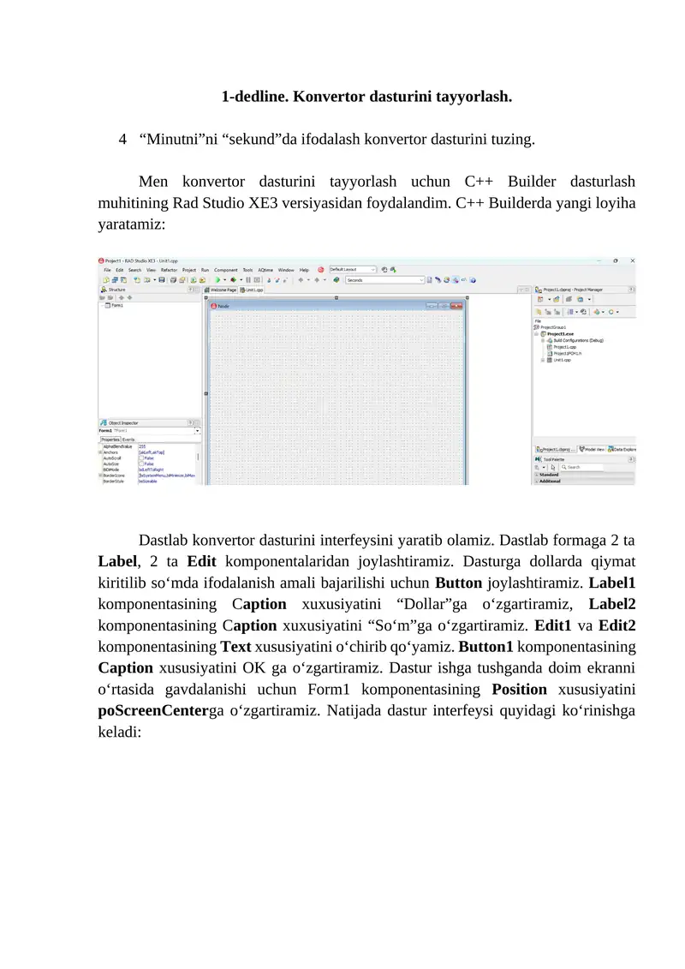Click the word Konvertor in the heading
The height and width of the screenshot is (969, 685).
point(329,97)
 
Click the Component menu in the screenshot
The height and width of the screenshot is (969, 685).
point(226,270)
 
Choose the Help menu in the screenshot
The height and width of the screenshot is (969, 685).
point(304,270)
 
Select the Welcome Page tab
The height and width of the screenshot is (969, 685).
point(224,290)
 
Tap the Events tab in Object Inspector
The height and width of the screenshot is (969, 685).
point(128,439)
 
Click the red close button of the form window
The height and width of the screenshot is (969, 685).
point(457,305)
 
